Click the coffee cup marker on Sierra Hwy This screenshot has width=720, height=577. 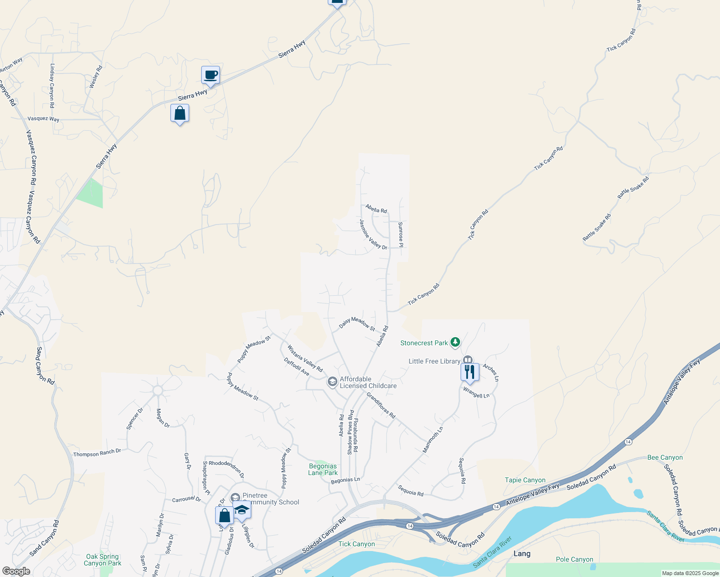point(210,75)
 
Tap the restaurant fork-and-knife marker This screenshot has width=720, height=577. point(469,372)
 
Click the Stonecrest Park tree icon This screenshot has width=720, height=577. point(455,343)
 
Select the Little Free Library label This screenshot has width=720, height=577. point(434,361)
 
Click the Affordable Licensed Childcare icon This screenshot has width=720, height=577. point(332,382)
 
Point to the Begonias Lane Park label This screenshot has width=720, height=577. point(323,469)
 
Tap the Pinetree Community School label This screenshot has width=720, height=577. point(270,499)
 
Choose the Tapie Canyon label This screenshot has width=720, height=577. point(525,480)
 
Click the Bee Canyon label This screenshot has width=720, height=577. point(665,457)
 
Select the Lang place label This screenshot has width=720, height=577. point(522,553)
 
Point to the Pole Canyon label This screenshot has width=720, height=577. point(574,559)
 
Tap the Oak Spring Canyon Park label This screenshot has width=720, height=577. point(103,560)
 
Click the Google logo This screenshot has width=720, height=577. point(16,571)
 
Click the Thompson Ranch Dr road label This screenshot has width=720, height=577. point(97,453)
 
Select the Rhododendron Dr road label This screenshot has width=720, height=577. point(226,466)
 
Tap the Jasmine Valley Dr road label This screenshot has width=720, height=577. point(373,235)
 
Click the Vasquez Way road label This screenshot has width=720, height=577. point(43,119)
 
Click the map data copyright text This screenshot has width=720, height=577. point(690,573)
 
